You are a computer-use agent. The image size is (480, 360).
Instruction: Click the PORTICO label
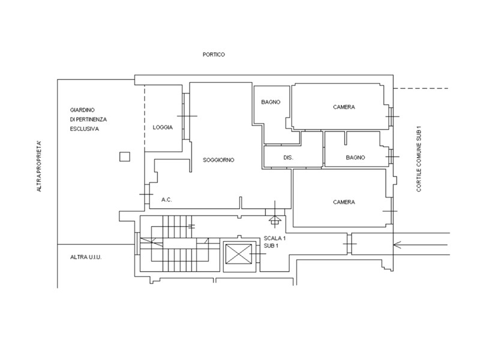[214, 55]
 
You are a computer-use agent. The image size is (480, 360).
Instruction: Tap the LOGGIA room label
[163, 127]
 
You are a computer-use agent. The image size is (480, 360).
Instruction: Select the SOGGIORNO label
[218, 160]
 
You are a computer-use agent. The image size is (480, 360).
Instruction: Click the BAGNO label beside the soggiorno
[271, 102]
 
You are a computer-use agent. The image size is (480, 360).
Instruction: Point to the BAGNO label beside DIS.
[355, 157]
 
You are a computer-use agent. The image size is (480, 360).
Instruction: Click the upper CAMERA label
[344, 107]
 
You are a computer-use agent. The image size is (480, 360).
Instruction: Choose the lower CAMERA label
[344, 202]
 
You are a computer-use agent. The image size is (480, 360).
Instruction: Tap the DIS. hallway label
[288, 158]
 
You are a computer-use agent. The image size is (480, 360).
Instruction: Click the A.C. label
[167, 200]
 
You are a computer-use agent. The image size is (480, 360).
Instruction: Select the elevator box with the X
[239, 254]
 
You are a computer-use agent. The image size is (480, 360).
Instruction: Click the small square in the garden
[125, 157]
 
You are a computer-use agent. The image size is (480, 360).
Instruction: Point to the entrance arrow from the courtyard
[421, 245]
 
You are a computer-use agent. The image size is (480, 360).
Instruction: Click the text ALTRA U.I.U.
[86, 257]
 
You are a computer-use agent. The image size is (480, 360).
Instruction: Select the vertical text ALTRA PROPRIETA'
[39, 166]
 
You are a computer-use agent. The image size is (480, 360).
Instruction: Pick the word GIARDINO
[82, 110]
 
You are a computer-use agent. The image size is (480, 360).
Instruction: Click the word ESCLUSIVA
[85, 129]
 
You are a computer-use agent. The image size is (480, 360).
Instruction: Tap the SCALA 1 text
[275, 238]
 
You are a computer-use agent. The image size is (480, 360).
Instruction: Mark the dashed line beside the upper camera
[421, 88]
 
